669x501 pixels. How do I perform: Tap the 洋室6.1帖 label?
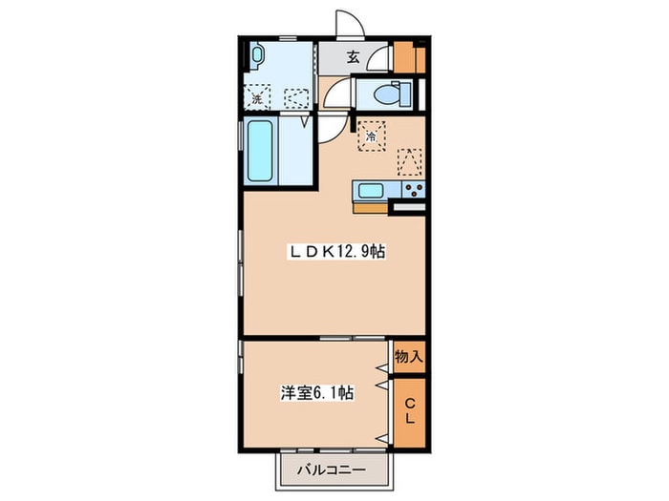click(x=316, y=392)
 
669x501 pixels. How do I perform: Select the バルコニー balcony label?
click(x=332, y=470)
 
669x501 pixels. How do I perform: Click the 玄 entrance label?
click(x=353, y=57)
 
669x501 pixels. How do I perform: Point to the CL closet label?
click(x=410, y=410)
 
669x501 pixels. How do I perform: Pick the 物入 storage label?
click(x=409, y=356)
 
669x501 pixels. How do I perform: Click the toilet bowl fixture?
click(x=392, y=94)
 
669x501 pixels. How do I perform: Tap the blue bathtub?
click(x=260, y=151)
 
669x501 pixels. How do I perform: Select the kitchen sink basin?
click(x=371, y=190)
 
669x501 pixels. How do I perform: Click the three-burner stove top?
click(x=414, y=190)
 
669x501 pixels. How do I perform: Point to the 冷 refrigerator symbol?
click(x=372, y=136)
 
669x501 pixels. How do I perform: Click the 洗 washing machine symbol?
click(x=257, y=96)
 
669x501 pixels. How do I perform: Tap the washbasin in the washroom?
click(x=257, y=55)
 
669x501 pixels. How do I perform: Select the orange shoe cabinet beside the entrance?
click(x=409, y=57)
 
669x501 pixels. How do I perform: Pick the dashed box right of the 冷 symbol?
click(x=410, y=162)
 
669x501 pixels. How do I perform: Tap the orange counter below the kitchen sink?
click(x=370, y=208)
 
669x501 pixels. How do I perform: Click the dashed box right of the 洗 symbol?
click(x=296, y=98)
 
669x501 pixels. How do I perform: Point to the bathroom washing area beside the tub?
click(x=295, y=151)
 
